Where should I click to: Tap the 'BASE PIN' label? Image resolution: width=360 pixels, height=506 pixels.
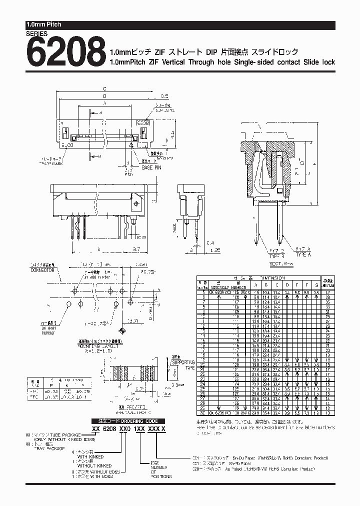click(x=153, y=167)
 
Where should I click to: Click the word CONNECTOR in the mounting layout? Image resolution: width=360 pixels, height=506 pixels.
click(x=42, y=270)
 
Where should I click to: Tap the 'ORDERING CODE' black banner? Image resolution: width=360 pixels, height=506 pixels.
click(x=128, y=421)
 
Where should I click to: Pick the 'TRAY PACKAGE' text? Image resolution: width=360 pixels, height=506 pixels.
click(x=49, y=449)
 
